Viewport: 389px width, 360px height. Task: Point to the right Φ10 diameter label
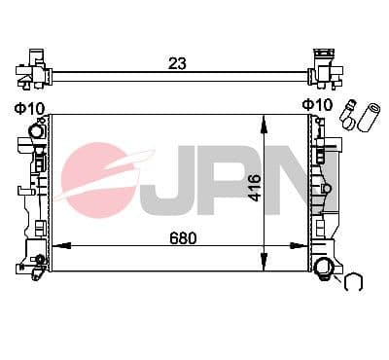316,105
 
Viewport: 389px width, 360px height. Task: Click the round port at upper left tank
37,129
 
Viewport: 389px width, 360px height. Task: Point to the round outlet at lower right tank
325,269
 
